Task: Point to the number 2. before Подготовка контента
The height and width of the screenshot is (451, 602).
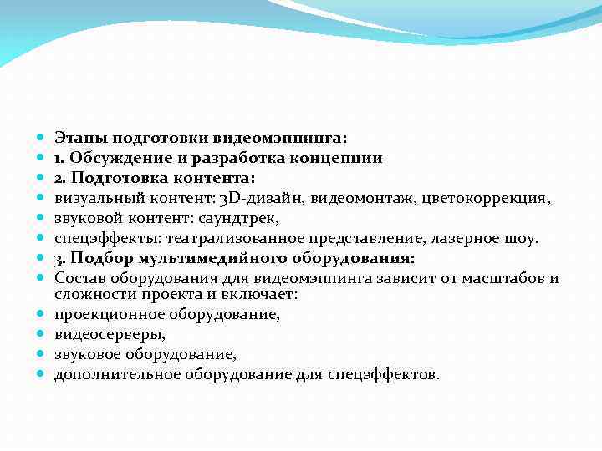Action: [61, 177]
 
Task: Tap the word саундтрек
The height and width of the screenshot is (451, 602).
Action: [240, 218]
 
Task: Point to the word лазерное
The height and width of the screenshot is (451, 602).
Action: [465, 238]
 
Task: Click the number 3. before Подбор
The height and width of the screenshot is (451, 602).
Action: [61, 258]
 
